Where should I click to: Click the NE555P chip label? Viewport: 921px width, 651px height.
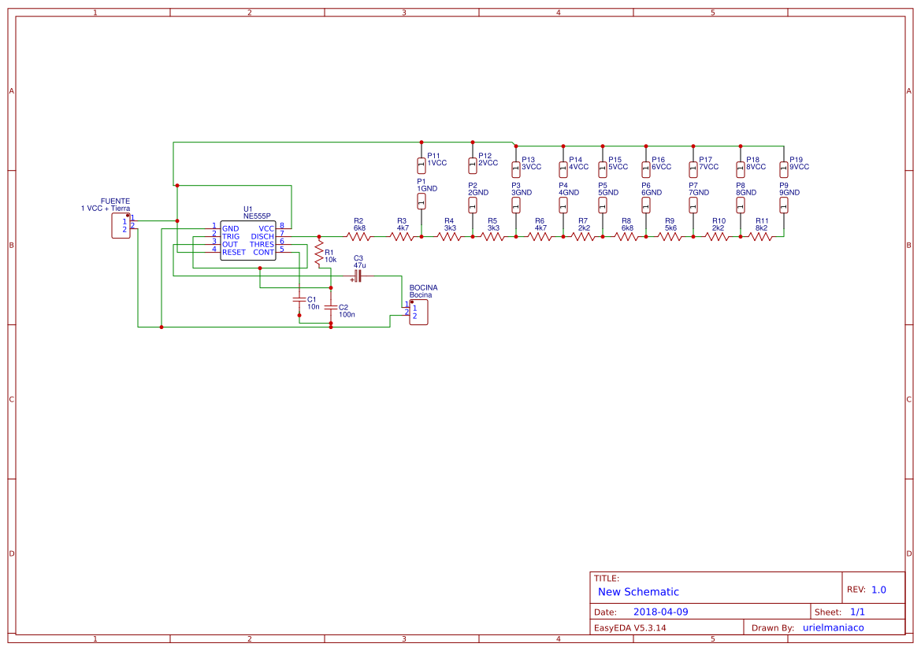[x=257, y=216]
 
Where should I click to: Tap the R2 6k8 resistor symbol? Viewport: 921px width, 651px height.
[x=358, y=236]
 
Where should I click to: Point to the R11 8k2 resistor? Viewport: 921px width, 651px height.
[x=760, y=236]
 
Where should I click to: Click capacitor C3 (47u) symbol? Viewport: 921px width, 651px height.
[x=358, y=276]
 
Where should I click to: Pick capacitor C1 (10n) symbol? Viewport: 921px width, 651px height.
[x=299, y=299]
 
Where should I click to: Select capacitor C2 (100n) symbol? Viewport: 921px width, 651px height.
[x=331, y=307]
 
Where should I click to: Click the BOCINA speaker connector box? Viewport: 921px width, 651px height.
[x=418, y=312]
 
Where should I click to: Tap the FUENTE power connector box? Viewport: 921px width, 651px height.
[x=121, y=225]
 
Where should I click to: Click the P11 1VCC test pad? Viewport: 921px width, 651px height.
[x=422, y=165]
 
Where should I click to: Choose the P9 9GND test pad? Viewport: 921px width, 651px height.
[x=784, y=205]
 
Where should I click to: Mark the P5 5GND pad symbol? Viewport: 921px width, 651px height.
[x=603, y=205]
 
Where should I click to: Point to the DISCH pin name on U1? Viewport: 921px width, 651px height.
[x=262, y=236]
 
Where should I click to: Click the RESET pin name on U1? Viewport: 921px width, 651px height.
[x=234, y=252]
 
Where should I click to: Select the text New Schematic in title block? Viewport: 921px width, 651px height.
[x=638, y=592]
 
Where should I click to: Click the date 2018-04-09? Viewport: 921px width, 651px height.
[x=660, y=612]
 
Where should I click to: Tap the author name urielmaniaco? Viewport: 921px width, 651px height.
[x=834, y=627]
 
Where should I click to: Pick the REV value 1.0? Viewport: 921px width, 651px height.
[x=878, y=590]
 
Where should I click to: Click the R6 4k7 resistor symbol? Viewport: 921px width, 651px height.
[x=540, y=236]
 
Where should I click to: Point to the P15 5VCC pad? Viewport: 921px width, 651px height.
[x=603, y=168]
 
